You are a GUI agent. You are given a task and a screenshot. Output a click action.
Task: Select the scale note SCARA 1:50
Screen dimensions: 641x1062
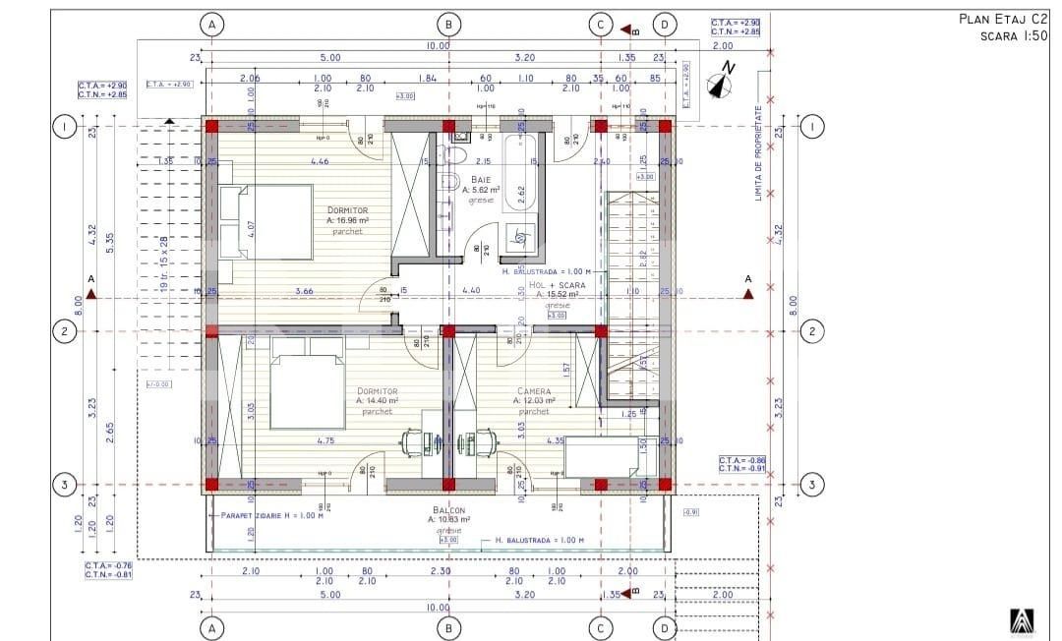(1013, 35)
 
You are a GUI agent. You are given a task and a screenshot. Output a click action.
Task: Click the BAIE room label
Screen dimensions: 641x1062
(481, 180)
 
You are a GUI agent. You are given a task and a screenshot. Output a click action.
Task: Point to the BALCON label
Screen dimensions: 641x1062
(448, 511)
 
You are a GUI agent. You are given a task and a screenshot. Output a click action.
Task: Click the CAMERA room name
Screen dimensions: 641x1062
(534, 391)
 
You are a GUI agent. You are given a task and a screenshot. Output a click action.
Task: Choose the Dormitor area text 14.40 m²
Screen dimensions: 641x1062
(377, 401)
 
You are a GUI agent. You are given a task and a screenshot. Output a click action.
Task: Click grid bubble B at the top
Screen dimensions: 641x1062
(448, 24)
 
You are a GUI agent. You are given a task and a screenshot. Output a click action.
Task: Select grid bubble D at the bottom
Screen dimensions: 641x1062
(665, 626)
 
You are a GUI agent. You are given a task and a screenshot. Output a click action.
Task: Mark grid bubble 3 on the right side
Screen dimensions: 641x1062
(811, 485)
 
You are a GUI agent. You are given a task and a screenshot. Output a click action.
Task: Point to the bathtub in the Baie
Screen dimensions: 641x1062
(518, 174)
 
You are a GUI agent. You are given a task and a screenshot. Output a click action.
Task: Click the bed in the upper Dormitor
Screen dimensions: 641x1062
(265, 221)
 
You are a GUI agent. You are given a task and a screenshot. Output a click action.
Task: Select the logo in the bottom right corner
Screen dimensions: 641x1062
(1022, 621)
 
